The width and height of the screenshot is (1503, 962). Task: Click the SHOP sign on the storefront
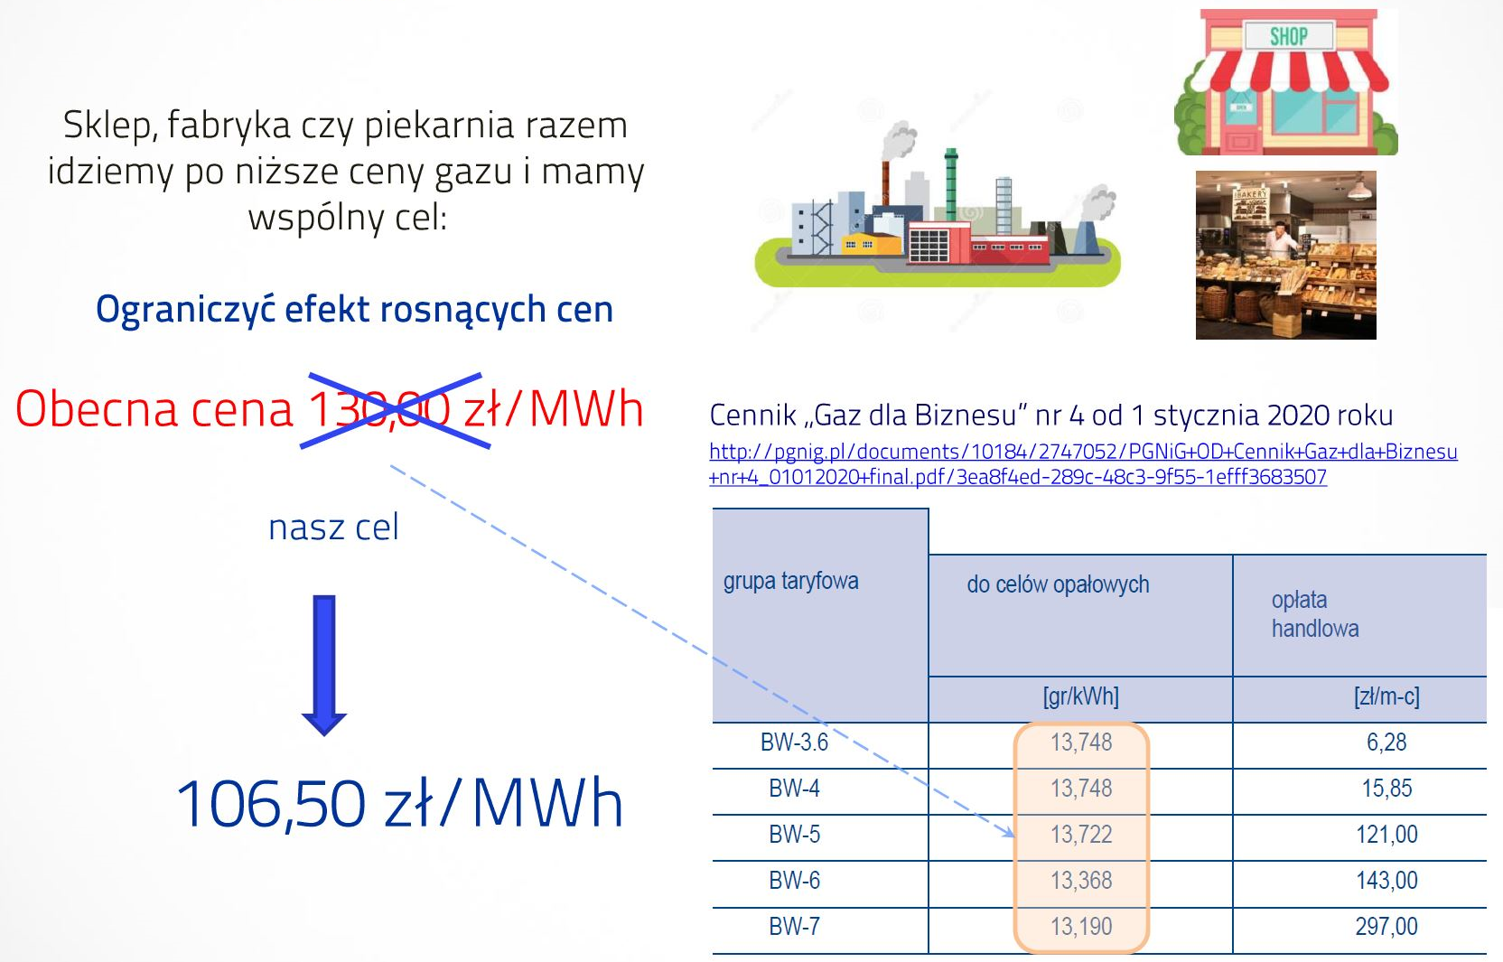(x=1288, y=35)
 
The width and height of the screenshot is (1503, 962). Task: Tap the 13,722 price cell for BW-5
(x=1081, y=834)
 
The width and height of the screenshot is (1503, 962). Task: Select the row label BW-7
(x=795, y=927)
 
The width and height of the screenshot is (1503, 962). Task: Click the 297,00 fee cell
(x=1386, y=927)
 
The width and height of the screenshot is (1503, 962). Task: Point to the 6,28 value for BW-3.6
(x=1386, y=742)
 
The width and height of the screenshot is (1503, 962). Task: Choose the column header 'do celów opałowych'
(x=1058, y=585)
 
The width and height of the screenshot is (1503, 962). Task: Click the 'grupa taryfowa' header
(x=790, y=581)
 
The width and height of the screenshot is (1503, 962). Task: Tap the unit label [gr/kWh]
(x=1080, y=696)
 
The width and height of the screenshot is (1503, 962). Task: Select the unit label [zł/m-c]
(x=1386, y=696)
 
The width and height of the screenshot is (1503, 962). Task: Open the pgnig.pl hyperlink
(x=1083, y=463)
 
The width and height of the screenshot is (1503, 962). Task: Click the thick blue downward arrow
(x=324, y=666)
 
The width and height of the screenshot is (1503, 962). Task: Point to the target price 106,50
(x=270, y=804)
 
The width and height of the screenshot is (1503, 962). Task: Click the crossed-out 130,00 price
(x=379, y=408)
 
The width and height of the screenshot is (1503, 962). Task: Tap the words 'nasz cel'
(x=333, y=528)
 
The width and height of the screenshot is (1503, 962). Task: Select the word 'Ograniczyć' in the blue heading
(x=186, y=310)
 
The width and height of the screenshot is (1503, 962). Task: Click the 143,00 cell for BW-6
(x=1386, y=880)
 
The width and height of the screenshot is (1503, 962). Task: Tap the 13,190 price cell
(x=1081, y=927)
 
